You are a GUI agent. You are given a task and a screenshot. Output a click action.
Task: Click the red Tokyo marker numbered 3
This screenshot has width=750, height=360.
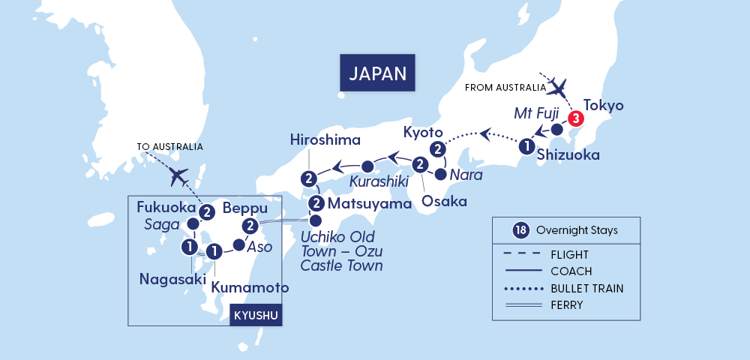coord(575,118)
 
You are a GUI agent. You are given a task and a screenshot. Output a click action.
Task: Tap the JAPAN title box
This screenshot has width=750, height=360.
coord(377,73)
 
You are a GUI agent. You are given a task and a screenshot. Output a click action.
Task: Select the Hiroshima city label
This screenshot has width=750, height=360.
coord(325,139)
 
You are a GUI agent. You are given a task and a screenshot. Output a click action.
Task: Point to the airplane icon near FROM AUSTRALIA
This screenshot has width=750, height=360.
coord(559,88)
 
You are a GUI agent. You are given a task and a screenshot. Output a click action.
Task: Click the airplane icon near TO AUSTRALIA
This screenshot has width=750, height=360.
coord(178,177)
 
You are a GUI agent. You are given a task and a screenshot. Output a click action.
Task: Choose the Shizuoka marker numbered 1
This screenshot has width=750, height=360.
coord(527,147)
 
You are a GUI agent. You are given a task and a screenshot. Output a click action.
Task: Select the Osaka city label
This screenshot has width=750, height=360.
coord(444,201)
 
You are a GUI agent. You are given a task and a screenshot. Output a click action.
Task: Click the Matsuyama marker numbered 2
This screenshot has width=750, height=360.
coord(316,203)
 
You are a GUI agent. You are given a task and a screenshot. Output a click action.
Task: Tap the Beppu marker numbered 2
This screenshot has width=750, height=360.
coord(250,226)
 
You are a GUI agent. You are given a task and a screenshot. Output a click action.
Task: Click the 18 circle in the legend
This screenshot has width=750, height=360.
coord(518,230)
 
